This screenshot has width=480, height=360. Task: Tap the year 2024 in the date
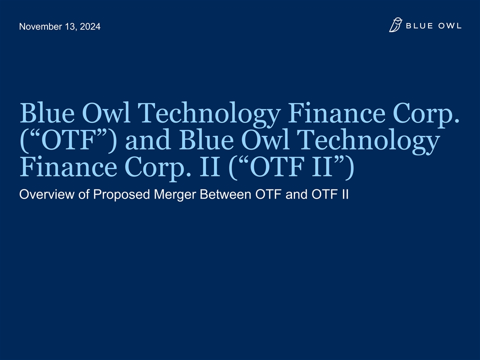(x=90, y=26)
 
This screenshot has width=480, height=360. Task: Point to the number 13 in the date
(x=70, y=27)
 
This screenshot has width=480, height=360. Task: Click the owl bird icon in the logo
(x=395, y=25)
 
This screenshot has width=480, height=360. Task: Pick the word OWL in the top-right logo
(x=449, y=25)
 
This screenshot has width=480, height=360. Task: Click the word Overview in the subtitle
(x=47, y=194)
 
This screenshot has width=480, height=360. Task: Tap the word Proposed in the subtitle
(x=121, y=195)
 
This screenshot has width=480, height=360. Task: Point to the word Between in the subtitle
(x=225, y=194)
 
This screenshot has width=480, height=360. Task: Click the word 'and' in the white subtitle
(x=296, y=194)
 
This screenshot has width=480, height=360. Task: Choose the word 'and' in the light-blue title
(x=148, y=140)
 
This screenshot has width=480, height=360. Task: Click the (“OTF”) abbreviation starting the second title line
(x=68, y=140)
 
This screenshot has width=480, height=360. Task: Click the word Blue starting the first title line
(x=47, y=113)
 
